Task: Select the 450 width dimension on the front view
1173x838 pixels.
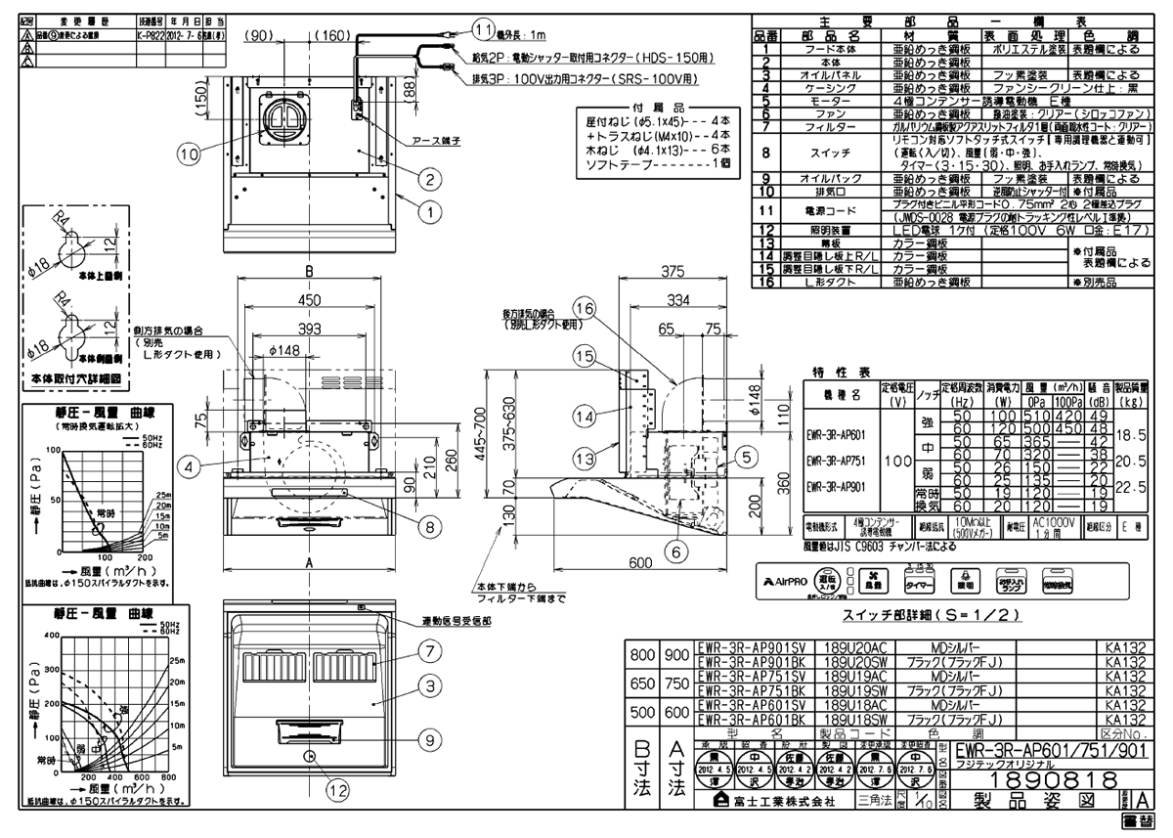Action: [309, 300]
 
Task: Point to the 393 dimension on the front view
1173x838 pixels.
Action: [309, 329]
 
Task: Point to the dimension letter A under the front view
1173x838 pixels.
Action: [309, 563]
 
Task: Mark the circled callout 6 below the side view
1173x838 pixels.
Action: [673, 551]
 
